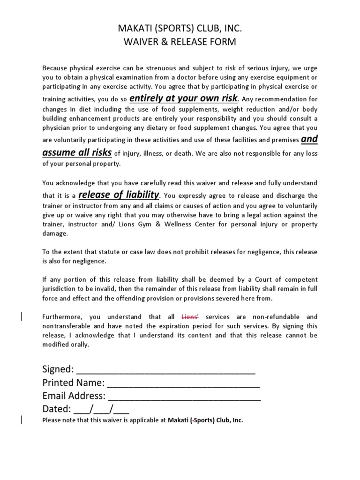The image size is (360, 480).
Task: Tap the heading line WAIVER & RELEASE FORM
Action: point(180,43)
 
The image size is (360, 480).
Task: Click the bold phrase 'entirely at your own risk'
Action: point(184,98)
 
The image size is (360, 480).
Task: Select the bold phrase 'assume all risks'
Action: point(77,152)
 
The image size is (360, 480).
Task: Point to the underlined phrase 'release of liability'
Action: point(120,195)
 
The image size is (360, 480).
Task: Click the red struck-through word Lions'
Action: point(190,317)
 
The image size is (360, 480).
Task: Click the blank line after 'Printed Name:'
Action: point(183,383)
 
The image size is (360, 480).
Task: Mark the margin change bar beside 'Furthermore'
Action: point(22,317)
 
